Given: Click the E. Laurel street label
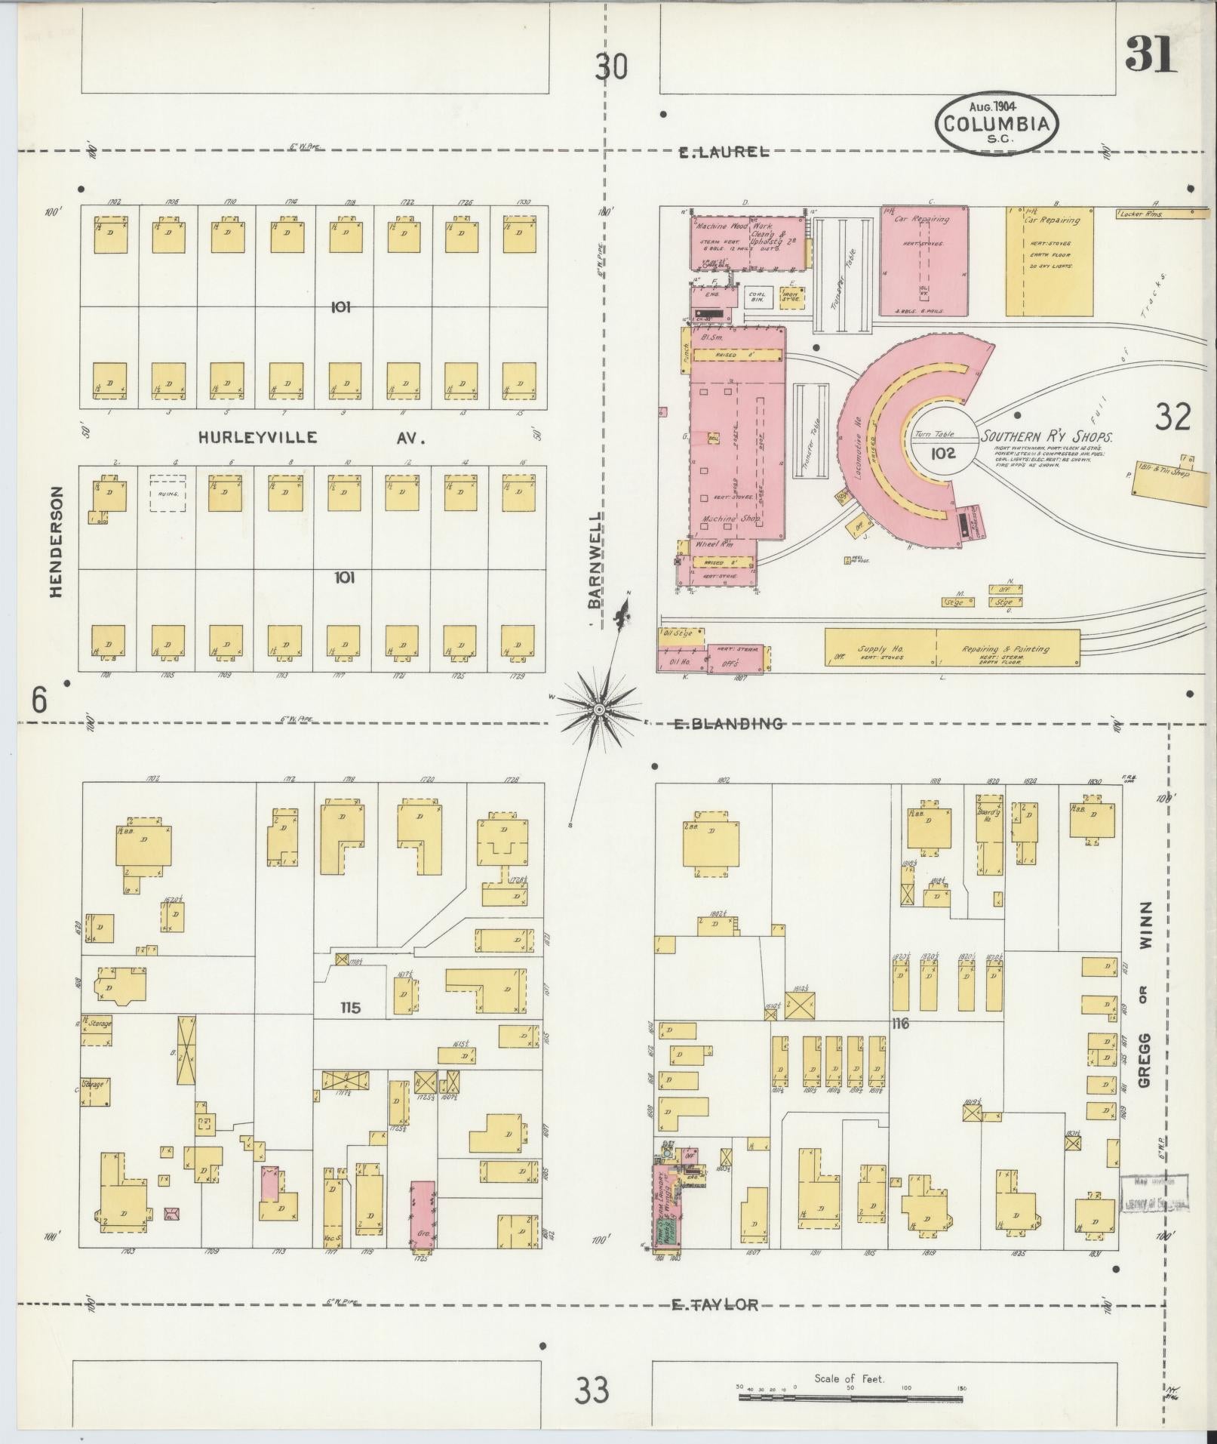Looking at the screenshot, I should [724, 152].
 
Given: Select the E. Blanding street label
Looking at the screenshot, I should [728, 723].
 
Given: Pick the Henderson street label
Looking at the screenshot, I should [56, 540].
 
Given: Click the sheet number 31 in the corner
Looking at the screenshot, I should [1151, 54].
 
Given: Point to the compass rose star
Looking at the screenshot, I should [598, 709].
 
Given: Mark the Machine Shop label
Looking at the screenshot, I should [731, 519].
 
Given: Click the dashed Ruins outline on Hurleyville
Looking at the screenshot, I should [167, 494].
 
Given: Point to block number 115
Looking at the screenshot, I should [350, 1007].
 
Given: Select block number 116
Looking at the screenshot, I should [900, 1024].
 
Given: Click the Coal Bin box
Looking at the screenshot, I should [757, 297].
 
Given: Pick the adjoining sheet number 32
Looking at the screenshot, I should [1172, 417].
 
